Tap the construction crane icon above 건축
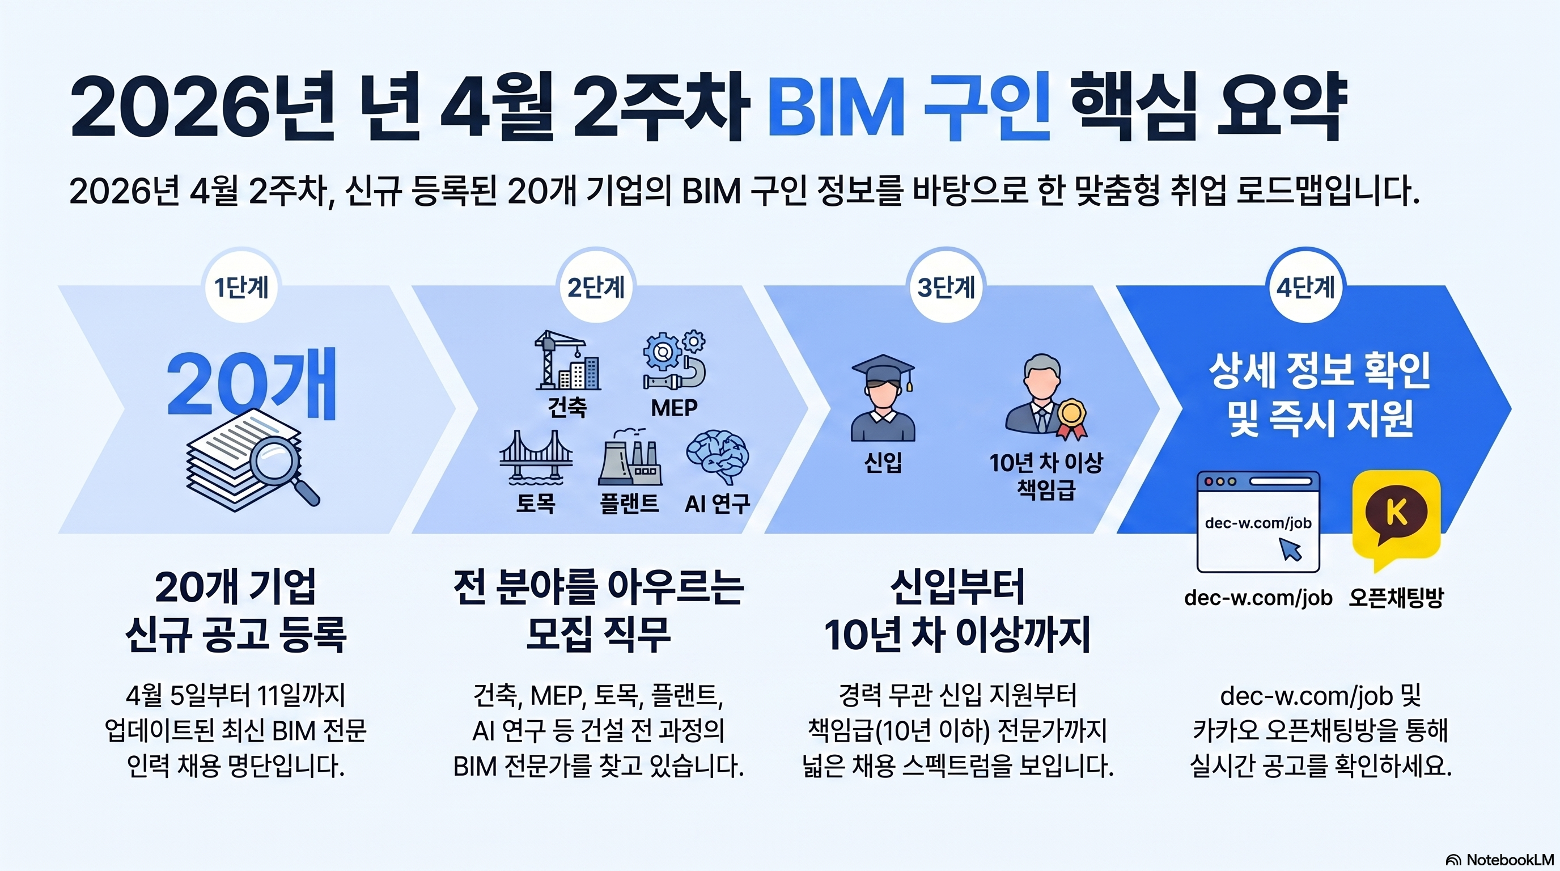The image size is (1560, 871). point(567,361)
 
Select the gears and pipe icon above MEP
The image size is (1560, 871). point(674,361)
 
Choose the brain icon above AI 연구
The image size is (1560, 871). point(717,457)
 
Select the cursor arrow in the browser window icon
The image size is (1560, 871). point(1291,550)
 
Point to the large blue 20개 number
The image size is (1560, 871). point(251,384)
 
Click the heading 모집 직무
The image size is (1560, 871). point(599,634)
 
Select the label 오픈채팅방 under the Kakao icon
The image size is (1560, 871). point(1396,598)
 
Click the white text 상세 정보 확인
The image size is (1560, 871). point(1320,371)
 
